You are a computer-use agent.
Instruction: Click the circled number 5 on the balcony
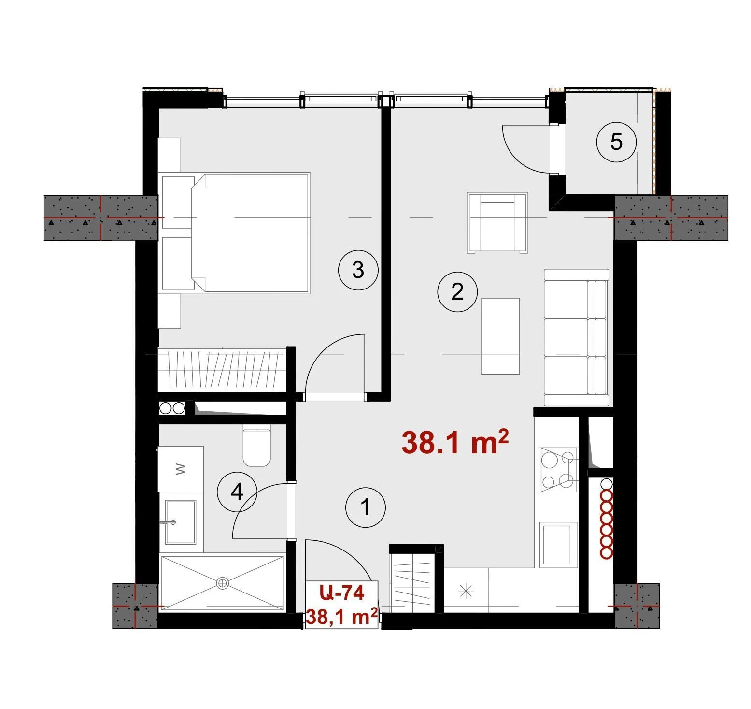pyautogui.click(x=616, y=142)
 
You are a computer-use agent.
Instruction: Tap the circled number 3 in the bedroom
pyautogui.click(x=358, y=270)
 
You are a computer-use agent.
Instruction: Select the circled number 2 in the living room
pyautogui.click(x=457, y=291)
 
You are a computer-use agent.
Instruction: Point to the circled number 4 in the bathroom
pyautogui.click(x=237, y=492)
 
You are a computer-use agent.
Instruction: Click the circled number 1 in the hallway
pyautogui.click(x=366, y=507)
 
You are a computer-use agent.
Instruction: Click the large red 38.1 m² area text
pyautogui.click(x=455, y=443)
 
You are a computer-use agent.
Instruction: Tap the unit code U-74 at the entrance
pyautogui.click(x=342, y=593)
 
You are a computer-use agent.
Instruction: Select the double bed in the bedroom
pyautogui.click(x=236, y=233)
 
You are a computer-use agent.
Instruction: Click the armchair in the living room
pyautogui.click(x=497, y=222)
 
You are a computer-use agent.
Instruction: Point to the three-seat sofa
pyautogui.click(x=576, y=337)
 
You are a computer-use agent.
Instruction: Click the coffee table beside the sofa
pyautogui.click(x=500, y=336)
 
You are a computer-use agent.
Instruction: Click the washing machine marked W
pyautogui.click(x=181, y=469)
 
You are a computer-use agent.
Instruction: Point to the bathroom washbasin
pyautogui.click(x=181, y=522)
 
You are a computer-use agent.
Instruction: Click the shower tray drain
pyautogui.click(x=222, y=583)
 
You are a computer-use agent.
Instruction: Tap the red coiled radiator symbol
pyautogui.click(x=606, y=520)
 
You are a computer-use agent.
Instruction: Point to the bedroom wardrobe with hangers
pyautogui.click(x=223, y=369)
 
